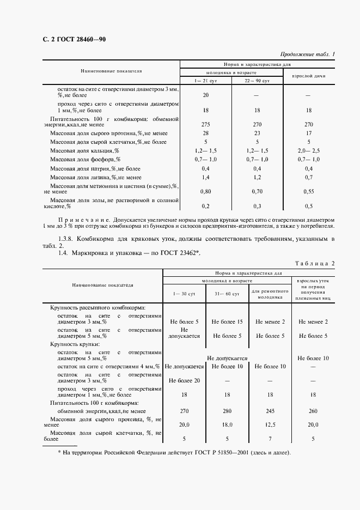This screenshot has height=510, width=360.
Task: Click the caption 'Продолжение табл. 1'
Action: [x=308, y=54]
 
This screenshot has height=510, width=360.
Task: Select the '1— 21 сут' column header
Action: [x=205, y=81]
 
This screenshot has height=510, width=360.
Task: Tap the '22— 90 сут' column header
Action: [x=257, y=81]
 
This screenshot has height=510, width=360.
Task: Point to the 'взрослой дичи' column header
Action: [x=309, y=76]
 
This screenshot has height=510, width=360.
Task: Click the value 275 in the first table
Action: [x=205, y=124]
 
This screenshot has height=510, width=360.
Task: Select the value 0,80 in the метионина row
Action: [x=205, y=191]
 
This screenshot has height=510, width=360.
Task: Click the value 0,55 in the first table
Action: [x=308, y=191]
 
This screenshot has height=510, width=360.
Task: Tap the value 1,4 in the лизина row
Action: [x=205, y=177]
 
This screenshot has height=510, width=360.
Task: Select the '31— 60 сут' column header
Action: [x=227, y=294]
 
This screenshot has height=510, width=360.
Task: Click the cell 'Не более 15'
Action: [x=227, y=321]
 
